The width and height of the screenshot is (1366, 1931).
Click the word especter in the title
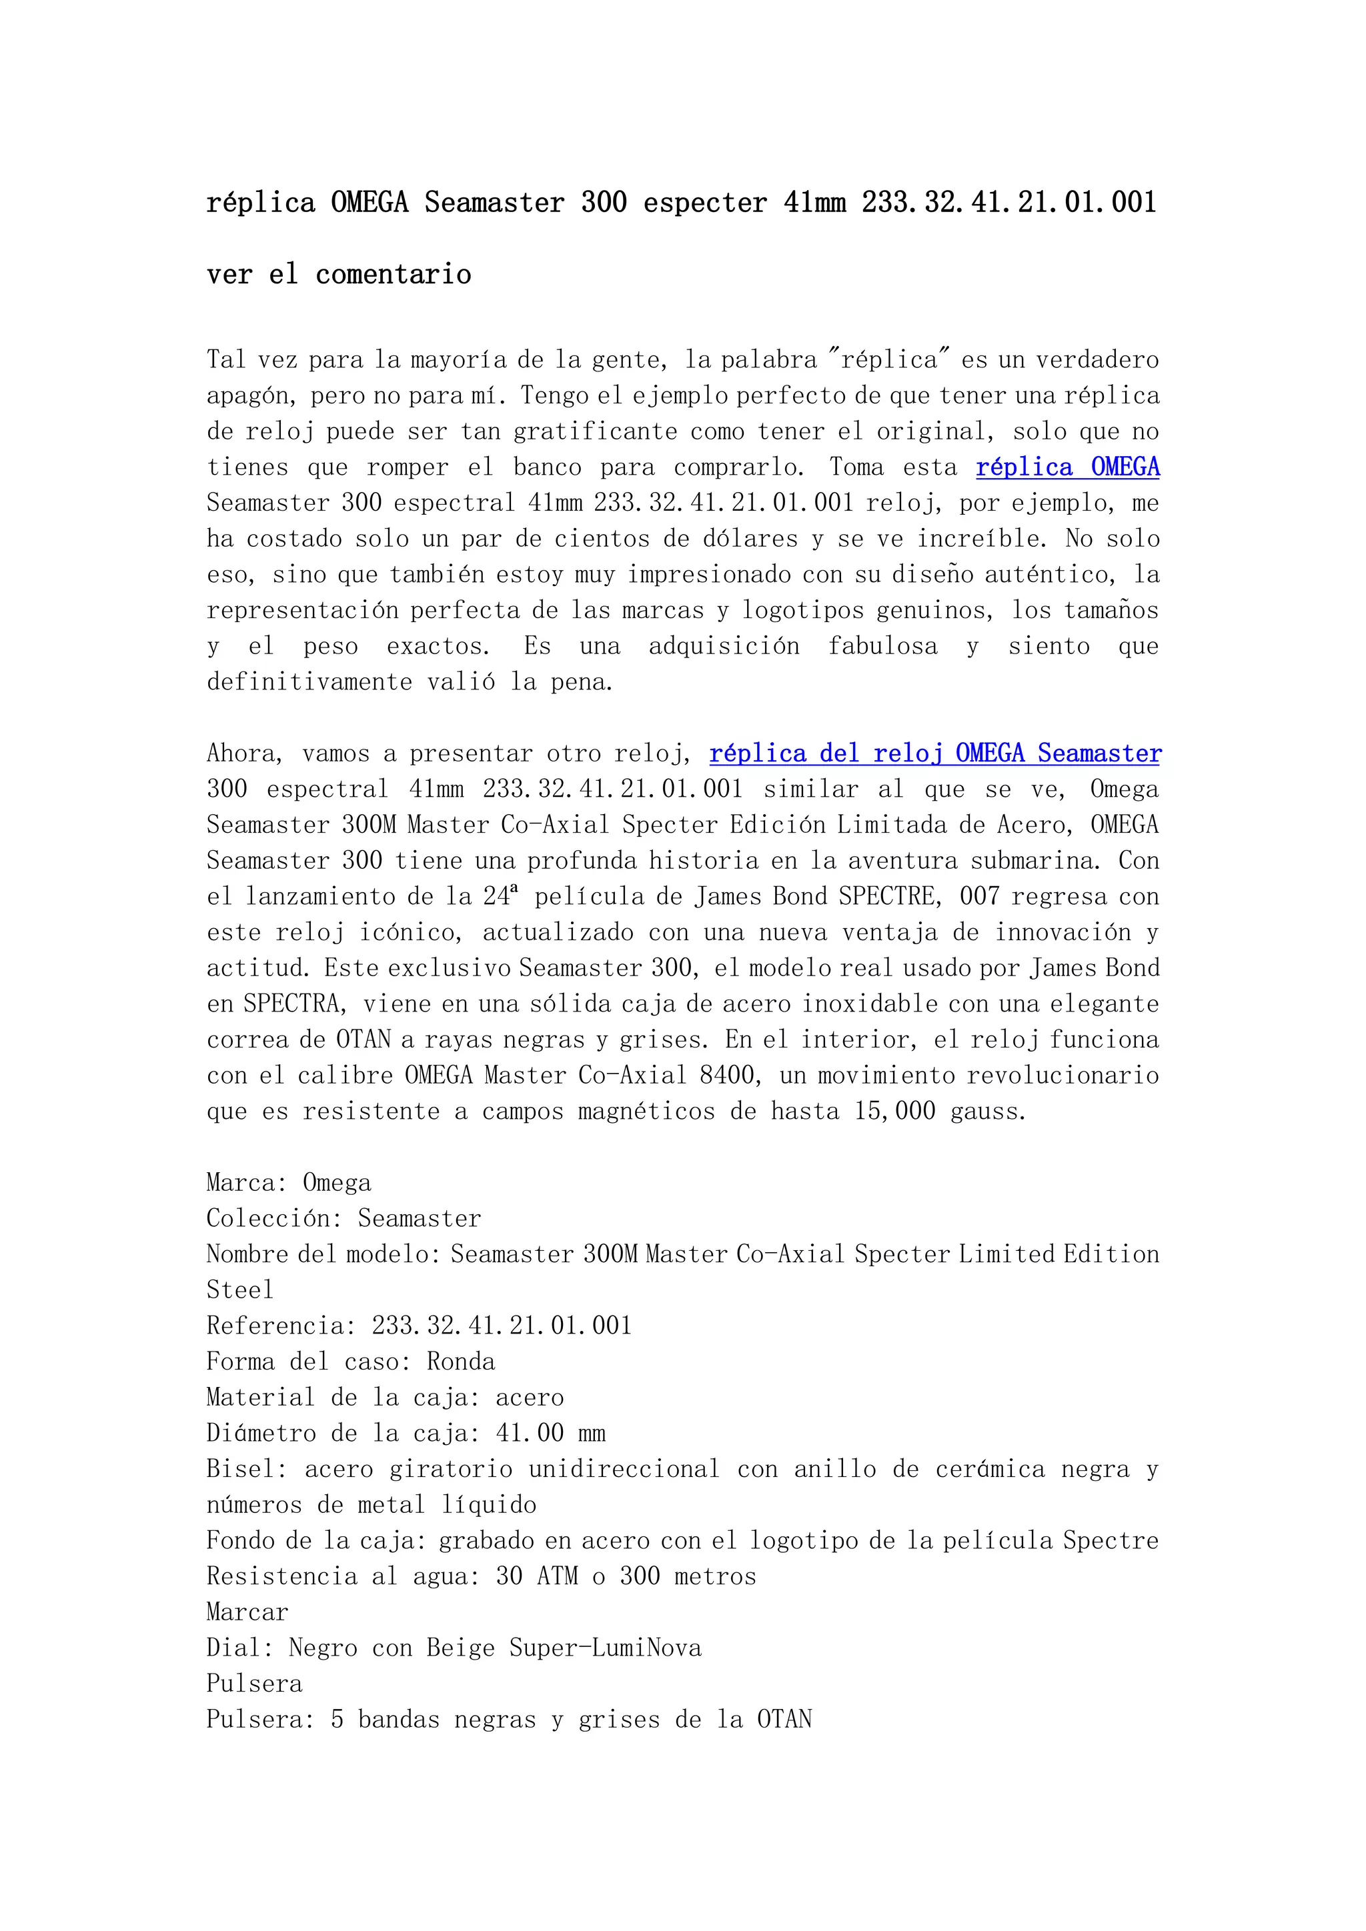coord(705,203)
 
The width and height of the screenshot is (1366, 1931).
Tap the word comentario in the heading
coord(393,274)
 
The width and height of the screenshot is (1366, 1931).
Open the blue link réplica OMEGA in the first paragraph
coord(1067,467)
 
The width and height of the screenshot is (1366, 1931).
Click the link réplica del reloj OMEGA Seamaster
coord(934,753)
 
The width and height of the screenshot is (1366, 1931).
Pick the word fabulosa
coord(882,646)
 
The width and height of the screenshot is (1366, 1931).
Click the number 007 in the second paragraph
coord(979,897)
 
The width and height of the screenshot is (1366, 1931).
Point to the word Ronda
coord(461,1362)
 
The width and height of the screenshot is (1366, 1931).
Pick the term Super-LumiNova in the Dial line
coord(605,1648)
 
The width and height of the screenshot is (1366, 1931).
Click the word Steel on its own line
coord(241,1290)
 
